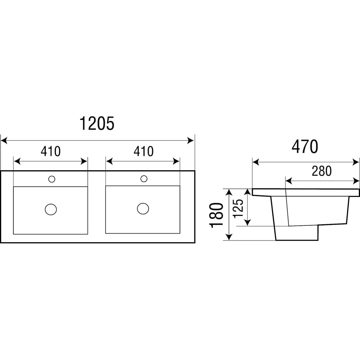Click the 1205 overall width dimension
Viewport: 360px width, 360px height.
(x=96, y=123)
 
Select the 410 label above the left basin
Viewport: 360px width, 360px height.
(x=50, y=152)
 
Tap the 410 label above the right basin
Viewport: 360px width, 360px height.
(x=143, y=152)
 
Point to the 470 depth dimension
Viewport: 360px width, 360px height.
(x=305, y=147)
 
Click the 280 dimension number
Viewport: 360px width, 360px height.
(x=321, y=171)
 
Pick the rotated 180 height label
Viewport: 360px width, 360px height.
(x=217, y=215)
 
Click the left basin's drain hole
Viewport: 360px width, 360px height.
(x=51, y=209)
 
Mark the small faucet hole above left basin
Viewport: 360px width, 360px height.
(x=51, y=178)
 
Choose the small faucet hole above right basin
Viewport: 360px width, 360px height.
(x=144, y=178)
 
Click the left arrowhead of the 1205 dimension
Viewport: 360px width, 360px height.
(x=4, y=140)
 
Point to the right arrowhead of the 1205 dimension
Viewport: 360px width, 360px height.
(x=192, y=140)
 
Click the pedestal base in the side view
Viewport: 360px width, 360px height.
(x=297, y=233)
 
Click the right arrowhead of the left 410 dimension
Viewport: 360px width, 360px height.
(x=85, y=161)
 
